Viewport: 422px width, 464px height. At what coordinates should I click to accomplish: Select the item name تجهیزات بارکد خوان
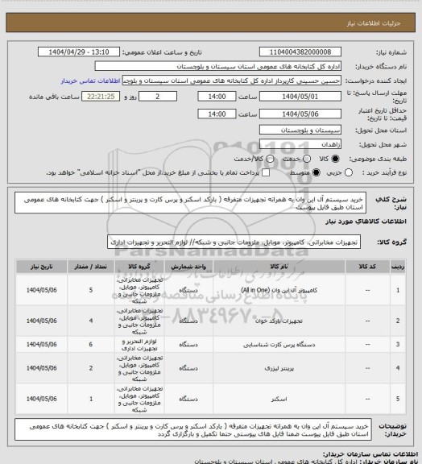[275, 321]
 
